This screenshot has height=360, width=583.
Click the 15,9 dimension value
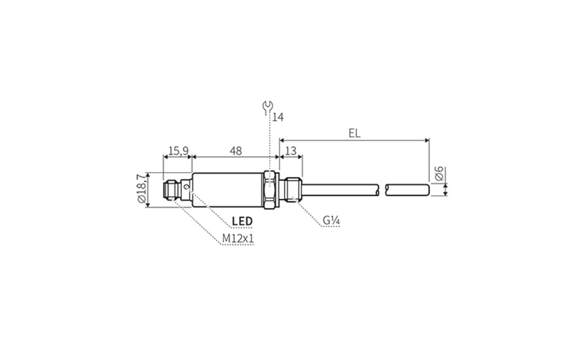178,151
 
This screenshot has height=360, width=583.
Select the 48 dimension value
236,151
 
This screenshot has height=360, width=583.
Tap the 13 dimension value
291,151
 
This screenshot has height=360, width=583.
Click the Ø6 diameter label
438,174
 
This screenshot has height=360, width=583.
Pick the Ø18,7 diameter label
141,190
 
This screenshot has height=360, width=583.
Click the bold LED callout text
242,222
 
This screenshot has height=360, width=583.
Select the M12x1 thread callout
238,239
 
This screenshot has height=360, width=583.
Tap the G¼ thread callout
331,221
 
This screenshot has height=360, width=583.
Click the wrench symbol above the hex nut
267,107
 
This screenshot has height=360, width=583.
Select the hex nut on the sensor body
270,189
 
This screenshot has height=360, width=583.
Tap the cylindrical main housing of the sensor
228,189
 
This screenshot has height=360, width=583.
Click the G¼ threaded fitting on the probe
293,189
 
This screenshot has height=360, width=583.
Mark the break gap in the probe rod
382,190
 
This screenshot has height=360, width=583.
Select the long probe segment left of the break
340,190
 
